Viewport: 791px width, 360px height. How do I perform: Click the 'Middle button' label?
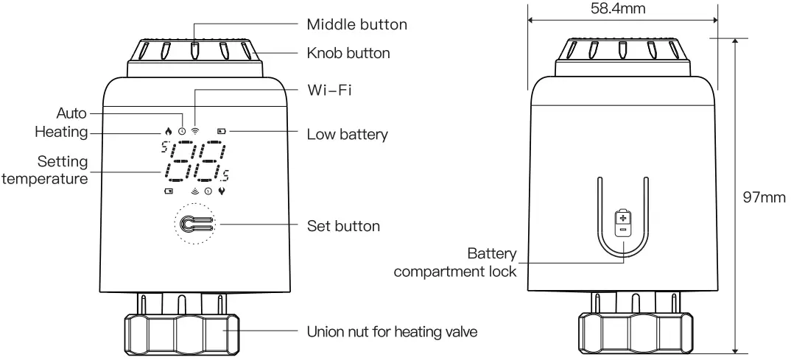click(x=356, y=24)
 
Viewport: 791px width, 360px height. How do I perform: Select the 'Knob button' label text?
click(x=348, y=53)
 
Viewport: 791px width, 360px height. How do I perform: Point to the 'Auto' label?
click(x=71, y=113)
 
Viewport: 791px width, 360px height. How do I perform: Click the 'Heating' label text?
click(x=61, y=133)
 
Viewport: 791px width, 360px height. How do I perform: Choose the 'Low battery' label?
click(x=347, y=135)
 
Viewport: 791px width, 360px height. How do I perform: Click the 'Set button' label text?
click(x=343, y=225)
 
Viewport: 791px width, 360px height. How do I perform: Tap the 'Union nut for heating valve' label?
click(x=392, y=332)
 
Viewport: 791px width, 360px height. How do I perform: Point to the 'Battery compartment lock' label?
click(x=455, y=263)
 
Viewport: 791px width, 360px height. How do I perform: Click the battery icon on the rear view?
click(x=623, y=222)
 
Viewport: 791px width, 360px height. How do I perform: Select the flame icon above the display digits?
click(x=169, y=131)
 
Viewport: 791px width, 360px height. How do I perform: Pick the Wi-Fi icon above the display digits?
click(x=195, y=131)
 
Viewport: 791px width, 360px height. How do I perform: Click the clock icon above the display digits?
click(x=182, y=131)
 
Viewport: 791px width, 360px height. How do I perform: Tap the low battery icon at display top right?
click(x=222, y=131)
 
